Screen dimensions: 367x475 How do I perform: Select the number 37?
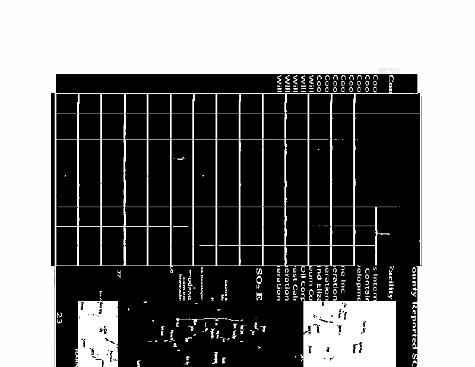[x=119, y=274]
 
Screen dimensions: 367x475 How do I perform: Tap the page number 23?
[x=60, y=316]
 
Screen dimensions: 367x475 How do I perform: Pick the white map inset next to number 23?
[x=98, y=333]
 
